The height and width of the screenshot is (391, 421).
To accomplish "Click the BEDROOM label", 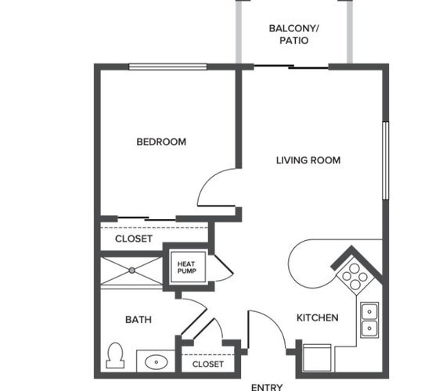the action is (x=161, y=142).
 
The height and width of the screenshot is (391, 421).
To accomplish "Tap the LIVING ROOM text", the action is (x=308, y=160).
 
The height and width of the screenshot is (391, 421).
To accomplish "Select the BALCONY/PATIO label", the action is (x=293, y=34).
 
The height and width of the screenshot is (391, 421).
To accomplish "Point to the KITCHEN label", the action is (x=318, y=317).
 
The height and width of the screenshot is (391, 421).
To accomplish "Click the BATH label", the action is (x=139, y=319).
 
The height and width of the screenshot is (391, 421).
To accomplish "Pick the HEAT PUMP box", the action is (x=189, y=267).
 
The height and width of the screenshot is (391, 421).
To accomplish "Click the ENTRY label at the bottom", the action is (x=267, y=387).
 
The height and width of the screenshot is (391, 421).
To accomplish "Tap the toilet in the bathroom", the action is (x=115, y=355).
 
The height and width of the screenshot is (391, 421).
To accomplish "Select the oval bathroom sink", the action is (x=157, y=362).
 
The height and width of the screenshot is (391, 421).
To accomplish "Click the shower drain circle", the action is (x=131, y=271).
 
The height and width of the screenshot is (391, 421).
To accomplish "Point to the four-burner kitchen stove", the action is (x=354, y=277).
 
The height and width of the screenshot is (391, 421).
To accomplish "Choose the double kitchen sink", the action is (x=369, y=320).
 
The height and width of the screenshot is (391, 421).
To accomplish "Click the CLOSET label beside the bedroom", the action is (x=134, y=239).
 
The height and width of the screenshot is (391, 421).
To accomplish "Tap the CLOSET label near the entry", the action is (x=208, y=364).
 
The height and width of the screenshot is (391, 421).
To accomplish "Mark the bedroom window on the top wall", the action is (x=168, y=66).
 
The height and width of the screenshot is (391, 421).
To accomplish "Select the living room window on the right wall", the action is (x=386, y=161).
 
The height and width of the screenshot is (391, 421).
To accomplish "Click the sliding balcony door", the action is (x=291, y=66).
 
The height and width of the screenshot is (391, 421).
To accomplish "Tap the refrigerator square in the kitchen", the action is (x=317, y=357).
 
